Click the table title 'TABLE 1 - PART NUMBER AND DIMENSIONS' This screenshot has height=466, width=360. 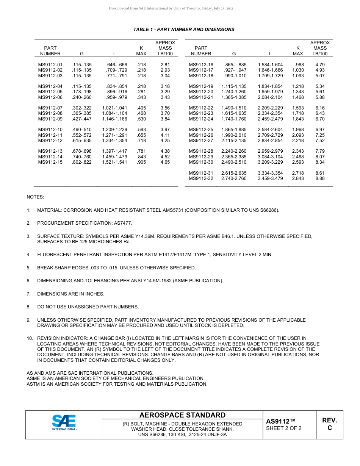coord(184,30)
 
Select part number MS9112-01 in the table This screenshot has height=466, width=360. coord(50,65)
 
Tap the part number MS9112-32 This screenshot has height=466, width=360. coord(201,178)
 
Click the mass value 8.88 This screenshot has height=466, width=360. coord(320,178)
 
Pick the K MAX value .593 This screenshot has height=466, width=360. coord(141,130)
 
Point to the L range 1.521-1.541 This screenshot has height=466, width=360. coord(114,162)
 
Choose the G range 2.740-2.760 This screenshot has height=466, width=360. coord(234,178)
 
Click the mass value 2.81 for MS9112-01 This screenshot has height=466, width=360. coord(165,65)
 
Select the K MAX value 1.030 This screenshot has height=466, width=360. coord(298,70)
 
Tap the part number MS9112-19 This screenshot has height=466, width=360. coord(201,86)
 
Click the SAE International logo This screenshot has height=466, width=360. coord(64,422)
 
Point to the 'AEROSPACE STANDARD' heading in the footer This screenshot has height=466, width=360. coord(182,415)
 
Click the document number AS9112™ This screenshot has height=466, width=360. coord(280,421)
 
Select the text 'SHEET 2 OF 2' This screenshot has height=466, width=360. coord(284,428)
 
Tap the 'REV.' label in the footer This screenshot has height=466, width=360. coord(329,420)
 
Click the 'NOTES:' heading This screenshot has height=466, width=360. coord(35,197)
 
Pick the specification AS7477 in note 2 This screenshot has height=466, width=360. coord(123,223)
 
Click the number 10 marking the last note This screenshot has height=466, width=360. coord(29,338)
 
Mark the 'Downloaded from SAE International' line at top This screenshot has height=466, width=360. coord(171,8)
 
